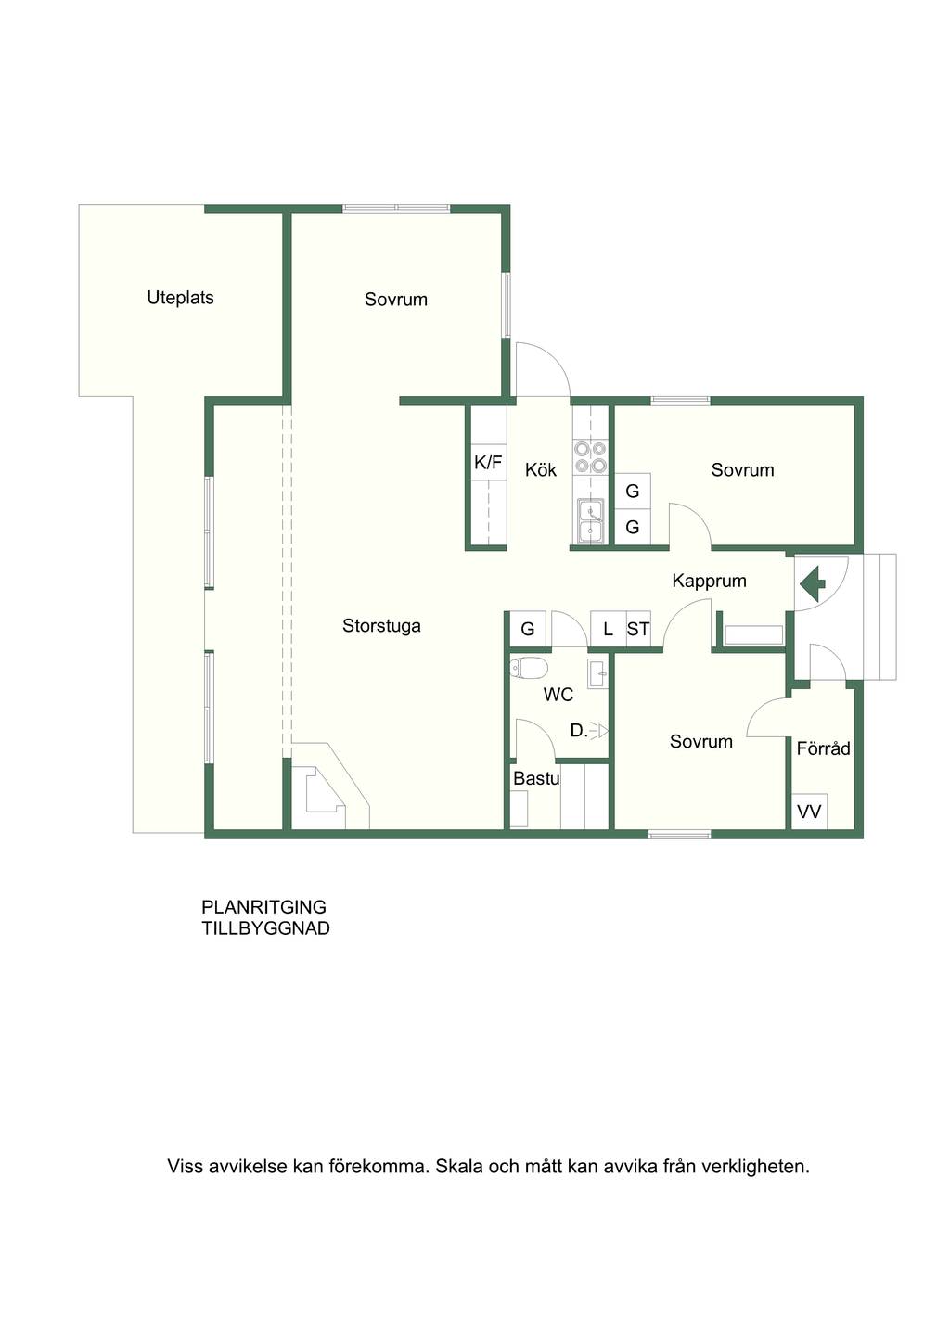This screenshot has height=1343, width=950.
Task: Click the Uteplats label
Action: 181,298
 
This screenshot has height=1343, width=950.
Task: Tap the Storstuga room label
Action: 381,627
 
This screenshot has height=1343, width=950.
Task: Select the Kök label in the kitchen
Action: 540,469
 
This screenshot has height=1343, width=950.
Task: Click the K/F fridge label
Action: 488,463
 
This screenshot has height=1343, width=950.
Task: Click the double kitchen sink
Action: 591,521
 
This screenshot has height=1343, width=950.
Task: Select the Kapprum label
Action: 709,581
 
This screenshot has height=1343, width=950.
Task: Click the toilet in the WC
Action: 529,667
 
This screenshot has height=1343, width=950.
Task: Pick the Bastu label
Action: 536,779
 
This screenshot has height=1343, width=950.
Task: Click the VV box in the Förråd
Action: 809,812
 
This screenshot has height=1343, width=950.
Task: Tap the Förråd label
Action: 824,748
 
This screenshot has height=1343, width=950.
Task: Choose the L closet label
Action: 609,629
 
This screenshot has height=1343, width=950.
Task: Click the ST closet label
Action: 638,629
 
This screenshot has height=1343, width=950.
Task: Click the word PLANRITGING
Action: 263,906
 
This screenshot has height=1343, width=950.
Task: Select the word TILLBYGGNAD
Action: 265,928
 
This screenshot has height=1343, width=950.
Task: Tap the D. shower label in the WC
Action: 578,731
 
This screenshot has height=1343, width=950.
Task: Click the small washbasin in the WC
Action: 598,673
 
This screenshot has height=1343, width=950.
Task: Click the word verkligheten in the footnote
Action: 755,1167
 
